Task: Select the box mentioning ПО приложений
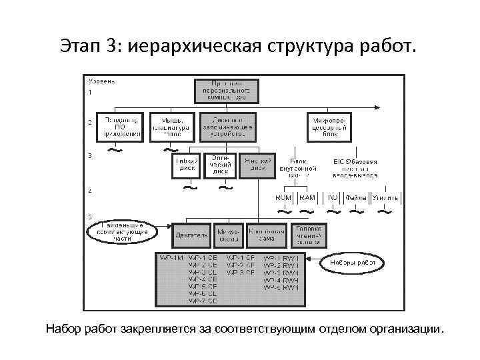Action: (x=119, y=126)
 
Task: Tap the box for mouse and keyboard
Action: (x=172, y=126)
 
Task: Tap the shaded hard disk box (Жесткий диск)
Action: (x=257, y=164)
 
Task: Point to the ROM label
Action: (x=284, y=198)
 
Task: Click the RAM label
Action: (x=307, y=198)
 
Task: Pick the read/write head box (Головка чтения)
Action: (x=309, y=235)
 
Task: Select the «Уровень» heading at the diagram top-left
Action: (x=101, y=81)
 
